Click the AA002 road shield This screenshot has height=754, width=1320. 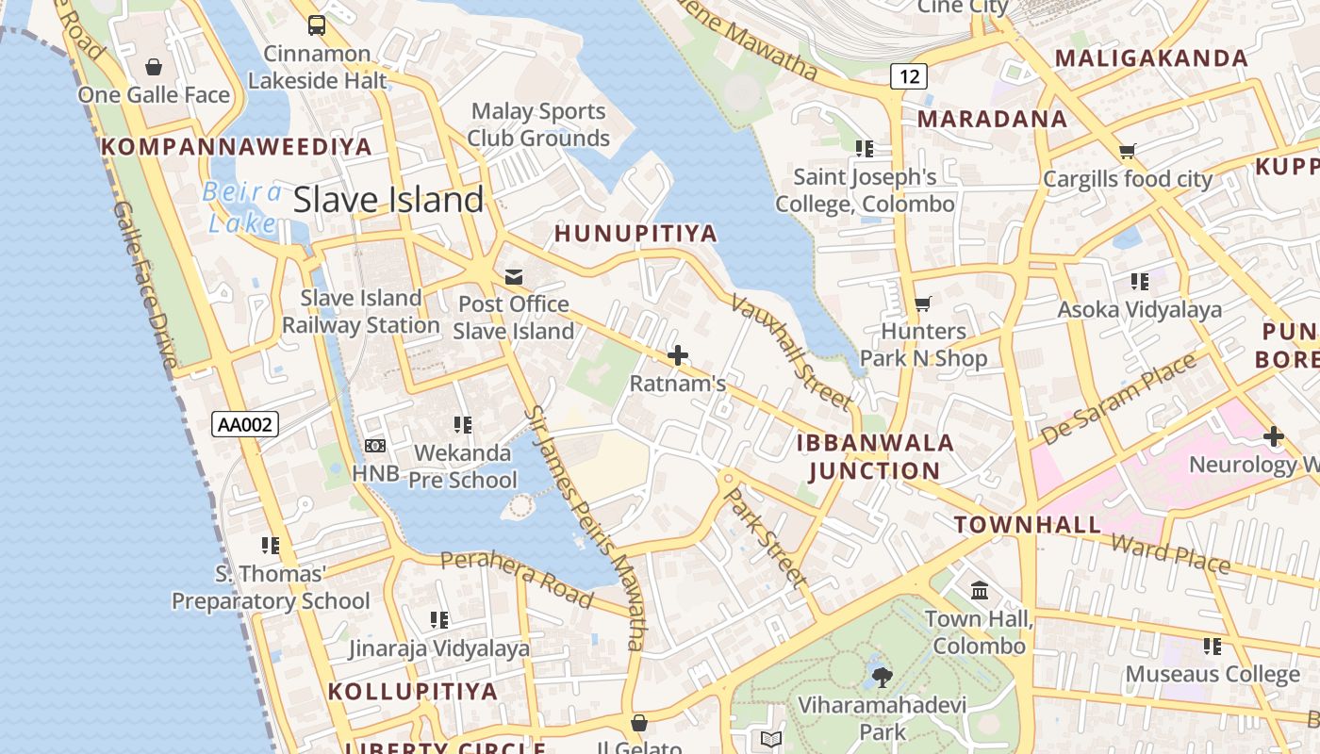[245, 424]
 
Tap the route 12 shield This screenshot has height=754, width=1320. [908, 76]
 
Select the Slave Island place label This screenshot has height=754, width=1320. [388, 200]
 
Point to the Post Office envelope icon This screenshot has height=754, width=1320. [514, 277]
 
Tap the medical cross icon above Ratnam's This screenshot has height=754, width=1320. [677, 356]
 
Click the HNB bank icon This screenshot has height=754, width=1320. [375, 446]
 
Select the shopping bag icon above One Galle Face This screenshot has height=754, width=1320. [154, 67]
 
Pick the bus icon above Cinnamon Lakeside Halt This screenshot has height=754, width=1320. [317, 25]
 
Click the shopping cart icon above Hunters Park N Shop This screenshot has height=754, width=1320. [922, 304]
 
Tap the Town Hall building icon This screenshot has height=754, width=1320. [980, 591]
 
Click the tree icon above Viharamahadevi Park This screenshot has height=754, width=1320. [883, 676]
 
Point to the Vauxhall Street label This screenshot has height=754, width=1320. [791, 352]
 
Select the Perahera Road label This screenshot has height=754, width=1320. [517, 578]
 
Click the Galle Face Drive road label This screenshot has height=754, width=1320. [144, 284]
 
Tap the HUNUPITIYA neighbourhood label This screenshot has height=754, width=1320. [635, 234]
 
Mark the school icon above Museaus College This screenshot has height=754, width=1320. [1212, 647]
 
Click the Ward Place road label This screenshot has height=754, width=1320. [1170, 554]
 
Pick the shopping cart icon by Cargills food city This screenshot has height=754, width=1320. [1127, 151]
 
